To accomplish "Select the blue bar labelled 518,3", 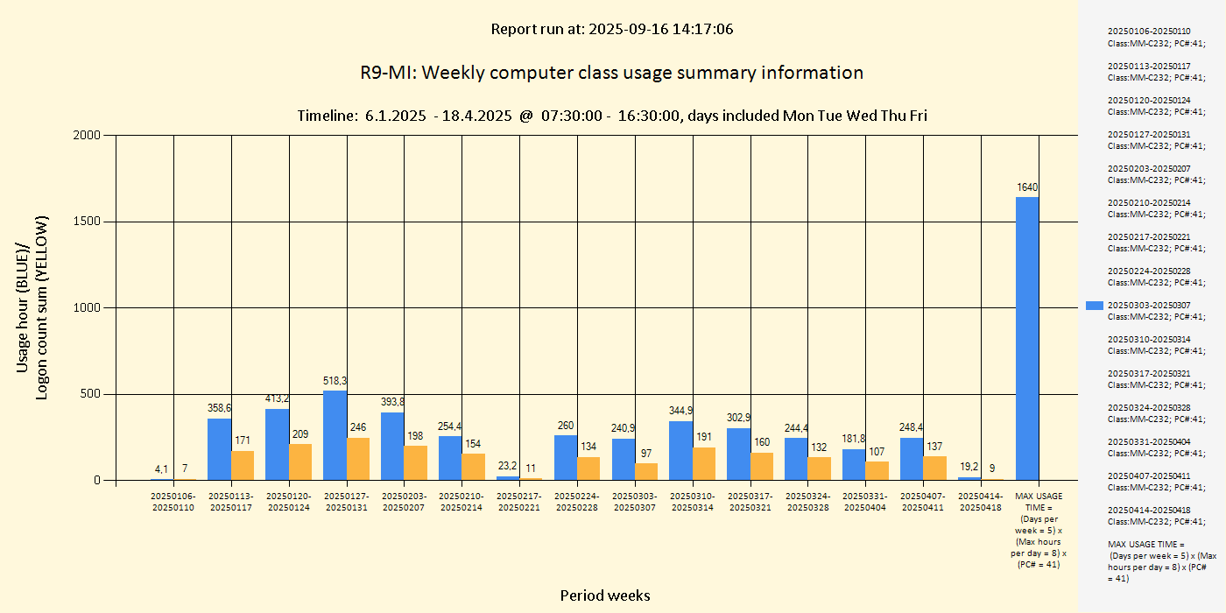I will [x=335, y=435].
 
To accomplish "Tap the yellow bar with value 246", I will [x=358, y=459].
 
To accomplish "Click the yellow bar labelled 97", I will [x=646, y=471].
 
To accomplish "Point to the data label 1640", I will [x=1027, y=187].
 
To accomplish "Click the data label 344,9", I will [x=681, y=411].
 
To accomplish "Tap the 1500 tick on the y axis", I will [x=88, y=222].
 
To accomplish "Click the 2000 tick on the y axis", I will [x=88, y=135].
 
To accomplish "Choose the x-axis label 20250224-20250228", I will [x=577, y=502].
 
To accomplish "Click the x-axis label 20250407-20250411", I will [x=923, y=502].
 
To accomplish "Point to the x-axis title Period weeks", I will [x=605, y=595].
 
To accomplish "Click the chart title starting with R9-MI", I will [x=611, y=73].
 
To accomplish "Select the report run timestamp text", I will [x=611, y=29].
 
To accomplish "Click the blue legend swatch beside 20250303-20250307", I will [x=1095, y=306].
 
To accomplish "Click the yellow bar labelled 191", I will [x=704, y=463].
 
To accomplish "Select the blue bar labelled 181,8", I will [x=854, y=464].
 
